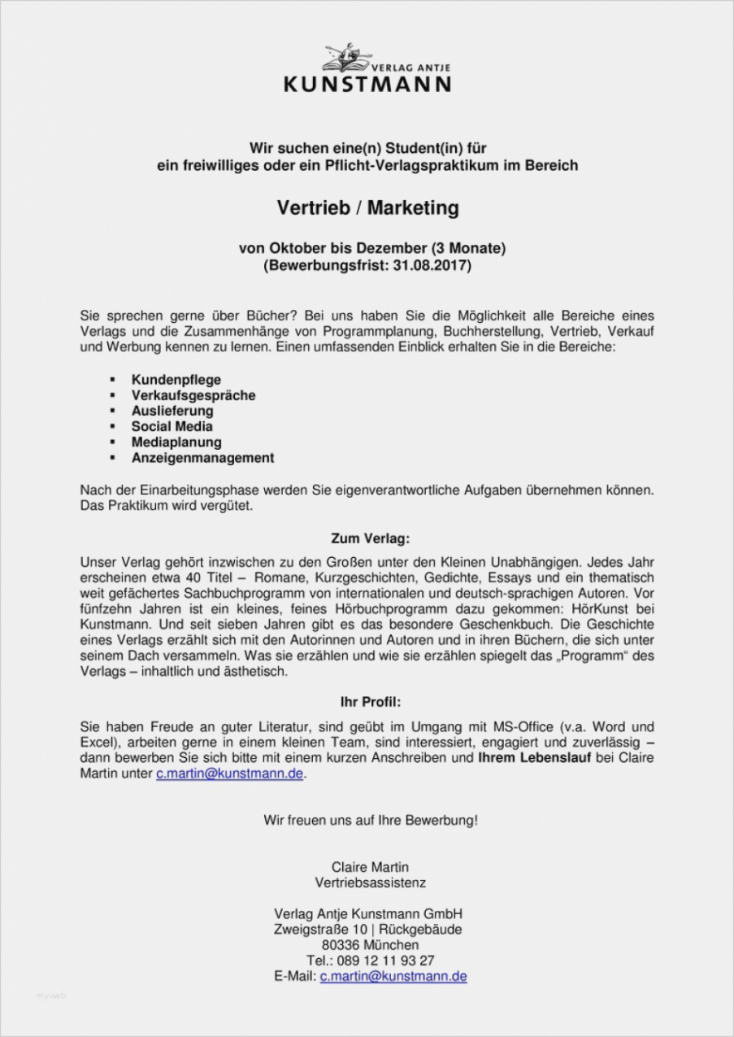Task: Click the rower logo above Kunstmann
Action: tap(347, 59)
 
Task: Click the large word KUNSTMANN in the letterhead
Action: tap(367, 83)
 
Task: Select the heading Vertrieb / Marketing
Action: tap(367, 208)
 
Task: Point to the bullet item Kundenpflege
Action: tap(176, 380)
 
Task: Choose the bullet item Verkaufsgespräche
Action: tap(193, 395)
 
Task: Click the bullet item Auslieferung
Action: tap(172, 411)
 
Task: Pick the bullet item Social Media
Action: tap(172, 426)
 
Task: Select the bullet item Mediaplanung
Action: tap(176, 442)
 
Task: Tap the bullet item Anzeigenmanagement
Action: tap(202, 458)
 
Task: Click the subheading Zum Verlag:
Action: tap(370, 538)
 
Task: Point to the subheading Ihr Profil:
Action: tap(370, 701)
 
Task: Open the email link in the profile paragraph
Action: tap(230, 774)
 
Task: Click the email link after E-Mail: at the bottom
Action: tap(393, 976)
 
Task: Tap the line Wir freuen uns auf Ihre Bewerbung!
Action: tap(371, 820)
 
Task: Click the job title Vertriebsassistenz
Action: tap(370, 882)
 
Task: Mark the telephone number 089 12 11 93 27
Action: tap(387, 961)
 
